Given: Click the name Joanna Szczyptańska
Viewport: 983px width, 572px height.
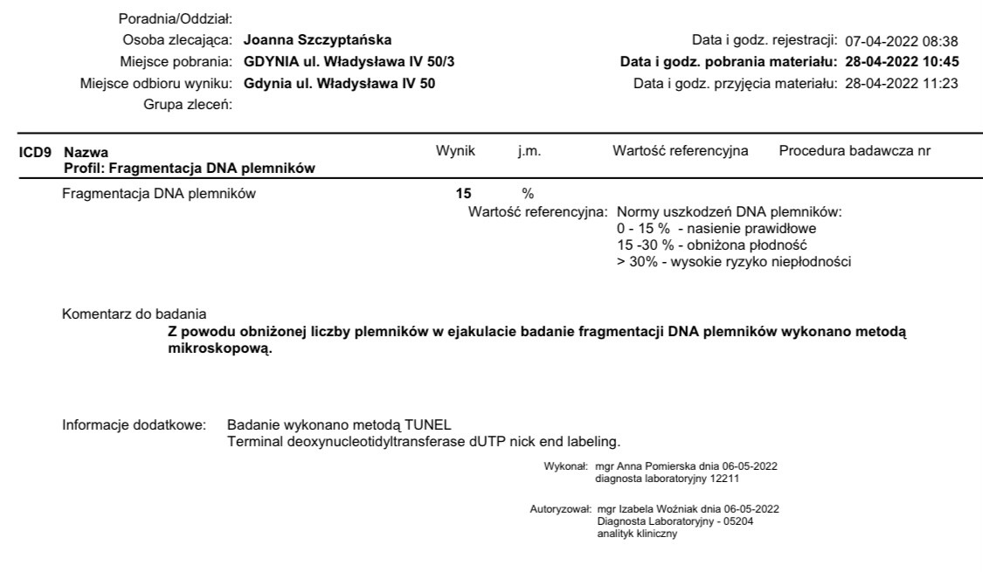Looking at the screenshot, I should tap(317, 40).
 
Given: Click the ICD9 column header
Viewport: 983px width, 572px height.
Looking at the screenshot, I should tap(34, 152).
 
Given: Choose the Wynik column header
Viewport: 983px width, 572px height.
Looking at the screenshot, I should tap(455, 151).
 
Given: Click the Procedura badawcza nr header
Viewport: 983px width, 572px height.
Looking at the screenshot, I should tap(854, 151).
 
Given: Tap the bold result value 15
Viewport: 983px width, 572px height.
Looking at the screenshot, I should tap(452, 194).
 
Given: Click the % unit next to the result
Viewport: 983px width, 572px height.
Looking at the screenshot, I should tap(527, 194).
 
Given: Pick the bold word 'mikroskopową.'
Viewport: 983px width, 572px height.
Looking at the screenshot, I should tap(219, 348).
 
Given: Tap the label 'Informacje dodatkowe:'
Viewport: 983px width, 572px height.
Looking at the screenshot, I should tap(134, 424).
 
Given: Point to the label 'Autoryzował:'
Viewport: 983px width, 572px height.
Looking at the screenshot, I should tap(558, 508).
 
